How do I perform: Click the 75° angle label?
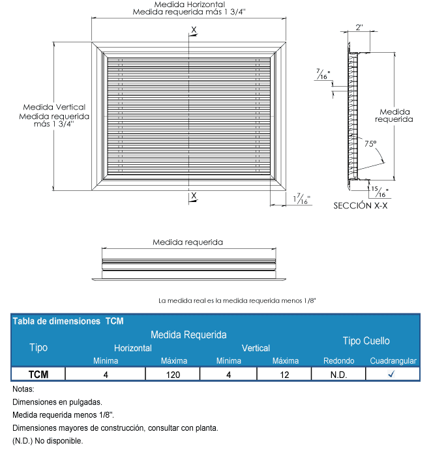370,143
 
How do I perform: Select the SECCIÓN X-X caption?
361,205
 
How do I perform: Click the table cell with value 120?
173,375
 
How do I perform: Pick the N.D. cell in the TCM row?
338,375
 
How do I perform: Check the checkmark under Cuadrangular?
391,375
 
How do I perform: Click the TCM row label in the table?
38,375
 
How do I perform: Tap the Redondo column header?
338,361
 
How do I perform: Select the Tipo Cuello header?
366,341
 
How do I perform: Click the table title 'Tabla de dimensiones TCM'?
68,321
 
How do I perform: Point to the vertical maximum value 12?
285,375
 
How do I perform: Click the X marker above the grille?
194,29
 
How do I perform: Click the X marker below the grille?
194,195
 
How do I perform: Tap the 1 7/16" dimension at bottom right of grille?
302,199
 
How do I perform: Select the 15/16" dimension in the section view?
379,192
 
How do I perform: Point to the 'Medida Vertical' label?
54,107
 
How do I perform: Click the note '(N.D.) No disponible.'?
48,441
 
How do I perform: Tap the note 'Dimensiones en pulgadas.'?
57,402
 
